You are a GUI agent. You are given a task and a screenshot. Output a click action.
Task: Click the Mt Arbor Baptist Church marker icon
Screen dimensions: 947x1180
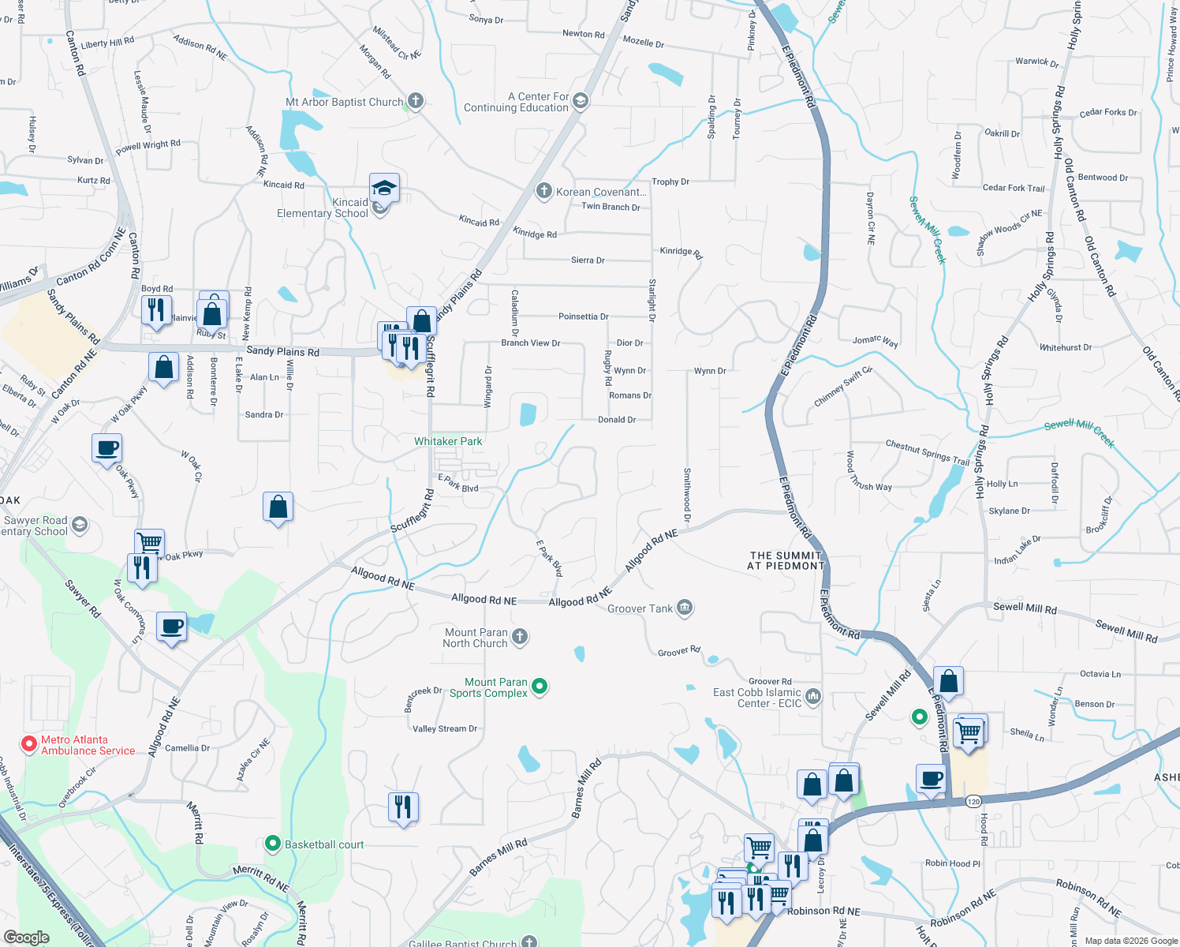coord(416,101)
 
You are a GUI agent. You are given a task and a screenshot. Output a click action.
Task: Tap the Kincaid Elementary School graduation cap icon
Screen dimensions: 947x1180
coord(384,189)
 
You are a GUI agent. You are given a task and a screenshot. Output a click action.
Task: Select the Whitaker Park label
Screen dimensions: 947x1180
coord(448,441)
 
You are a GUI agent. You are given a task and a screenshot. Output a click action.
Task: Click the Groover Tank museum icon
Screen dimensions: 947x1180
coord(685,608)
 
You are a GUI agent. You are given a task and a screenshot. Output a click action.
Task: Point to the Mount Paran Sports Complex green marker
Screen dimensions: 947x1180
coord(540,687)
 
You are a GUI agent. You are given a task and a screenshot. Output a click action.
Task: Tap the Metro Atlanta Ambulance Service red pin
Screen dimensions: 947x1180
coord(29,744)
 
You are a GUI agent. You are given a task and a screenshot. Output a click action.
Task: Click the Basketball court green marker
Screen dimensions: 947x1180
coord(273,844)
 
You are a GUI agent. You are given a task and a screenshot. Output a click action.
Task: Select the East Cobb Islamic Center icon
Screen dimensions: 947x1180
coord(814,697)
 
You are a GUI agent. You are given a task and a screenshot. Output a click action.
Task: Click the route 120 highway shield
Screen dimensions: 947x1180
coord(973,801)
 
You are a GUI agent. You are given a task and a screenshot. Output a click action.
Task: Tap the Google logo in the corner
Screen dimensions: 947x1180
coord(27,937)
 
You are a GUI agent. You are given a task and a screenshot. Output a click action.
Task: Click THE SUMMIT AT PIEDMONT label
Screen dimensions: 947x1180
coord(786,560)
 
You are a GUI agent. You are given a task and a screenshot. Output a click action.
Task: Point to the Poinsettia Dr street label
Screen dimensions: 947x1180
coord(583,316)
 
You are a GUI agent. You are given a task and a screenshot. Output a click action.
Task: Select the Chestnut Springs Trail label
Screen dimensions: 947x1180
coord(927,453)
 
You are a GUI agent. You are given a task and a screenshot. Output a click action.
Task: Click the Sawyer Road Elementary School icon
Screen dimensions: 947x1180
coord(80,525)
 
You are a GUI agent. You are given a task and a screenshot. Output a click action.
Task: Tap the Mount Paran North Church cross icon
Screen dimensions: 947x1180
coord(519,637)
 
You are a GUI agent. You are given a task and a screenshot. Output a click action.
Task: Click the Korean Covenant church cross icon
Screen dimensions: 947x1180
coord(543,191)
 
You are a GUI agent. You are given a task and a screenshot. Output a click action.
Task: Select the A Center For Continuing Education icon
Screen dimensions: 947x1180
coord(581,101)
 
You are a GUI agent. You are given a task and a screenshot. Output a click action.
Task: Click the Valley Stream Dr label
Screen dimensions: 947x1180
coord(445,728)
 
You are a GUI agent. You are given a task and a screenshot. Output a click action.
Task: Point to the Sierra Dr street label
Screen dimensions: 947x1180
coord(588,260)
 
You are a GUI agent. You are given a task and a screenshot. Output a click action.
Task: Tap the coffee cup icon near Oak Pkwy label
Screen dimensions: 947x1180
coord(107,449)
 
